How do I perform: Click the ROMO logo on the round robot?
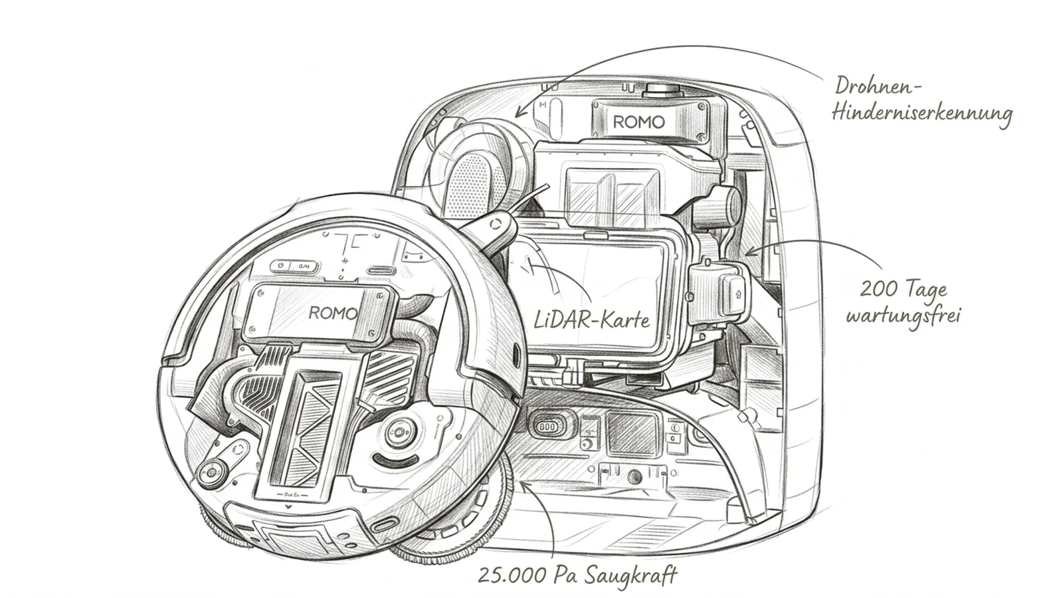[333, 313]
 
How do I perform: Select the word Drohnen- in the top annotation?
[878, 87]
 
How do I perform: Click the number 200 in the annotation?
[879, 290]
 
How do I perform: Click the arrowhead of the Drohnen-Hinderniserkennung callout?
[519, 114]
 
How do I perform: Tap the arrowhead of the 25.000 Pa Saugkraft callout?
[524, 484]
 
